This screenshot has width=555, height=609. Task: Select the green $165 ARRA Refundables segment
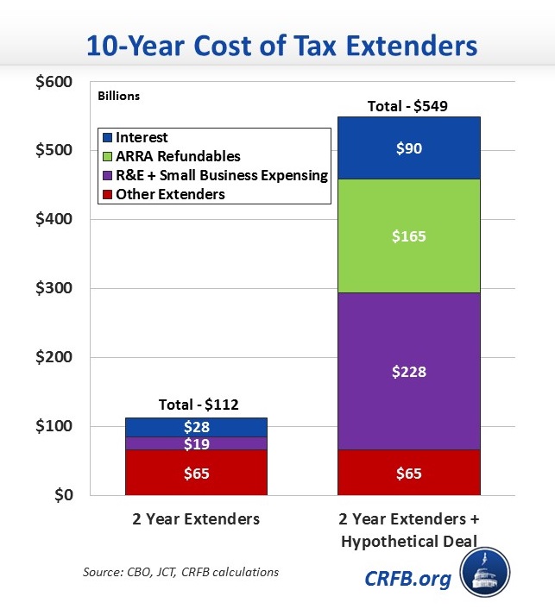pos(407,235)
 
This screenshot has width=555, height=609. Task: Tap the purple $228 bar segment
pos(407,372)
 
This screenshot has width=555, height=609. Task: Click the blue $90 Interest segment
pos(407,148)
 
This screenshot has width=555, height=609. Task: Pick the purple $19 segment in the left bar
pos(196,443)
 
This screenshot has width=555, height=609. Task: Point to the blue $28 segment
pos(196,427)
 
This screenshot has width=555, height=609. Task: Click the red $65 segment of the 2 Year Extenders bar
pos(196,473)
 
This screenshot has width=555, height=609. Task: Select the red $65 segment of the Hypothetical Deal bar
pos(407,473)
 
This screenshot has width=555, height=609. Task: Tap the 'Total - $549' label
pos(407,107)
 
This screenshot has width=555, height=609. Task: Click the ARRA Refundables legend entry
pos(171,156)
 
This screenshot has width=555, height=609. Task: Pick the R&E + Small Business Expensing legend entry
pos(213,175)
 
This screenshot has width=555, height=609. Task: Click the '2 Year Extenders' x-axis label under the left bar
pos(196,520)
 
